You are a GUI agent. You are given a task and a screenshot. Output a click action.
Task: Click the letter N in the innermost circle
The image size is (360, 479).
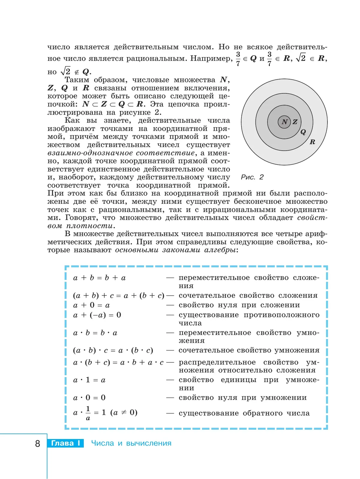pyautogui.click(x=284, y=122)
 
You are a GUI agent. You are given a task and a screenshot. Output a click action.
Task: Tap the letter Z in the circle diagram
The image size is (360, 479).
pyautogui.click(x=295, y=122)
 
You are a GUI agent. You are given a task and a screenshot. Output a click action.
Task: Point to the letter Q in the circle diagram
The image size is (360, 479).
pyautogui.click(x=303, y=132)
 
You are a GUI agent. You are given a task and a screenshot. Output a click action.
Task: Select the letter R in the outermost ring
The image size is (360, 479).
pyautogui.click(x=312, y=142)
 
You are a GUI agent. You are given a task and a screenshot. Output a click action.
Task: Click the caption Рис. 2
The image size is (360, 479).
pyautogui.click(x=252, y=177)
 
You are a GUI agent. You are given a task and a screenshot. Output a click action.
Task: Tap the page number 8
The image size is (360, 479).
pyautogui.click(x=37, y=443)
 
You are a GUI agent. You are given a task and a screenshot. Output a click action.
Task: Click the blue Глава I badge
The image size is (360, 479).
pyautogui.click(x=65, y=443)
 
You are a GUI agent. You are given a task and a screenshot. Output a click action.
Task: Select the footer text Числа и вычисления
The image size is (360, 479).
pyautogui.click(x=131, y=443)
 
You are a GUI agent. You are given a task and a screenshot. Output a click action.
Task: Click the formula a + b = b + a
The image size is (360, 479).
pyautogui.click(x=99, y=278)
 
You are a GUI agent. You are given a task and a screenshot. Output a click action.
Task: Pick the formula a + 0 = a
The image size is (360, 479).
pyautogui.click(x=91, y=305)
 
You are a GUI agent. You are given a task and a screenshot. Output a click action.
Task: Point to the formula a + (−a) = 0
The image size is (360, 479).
pyautogui.click(x=97, y=315)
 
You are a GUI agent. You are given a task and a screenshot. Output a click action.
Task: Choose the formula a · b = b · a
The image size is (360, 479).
pyautogui.click(x=95, y=333)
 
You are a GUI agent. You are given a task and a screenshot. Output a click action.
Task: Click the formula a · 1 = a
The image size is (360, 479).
pyautogui.click(x=89, y=380)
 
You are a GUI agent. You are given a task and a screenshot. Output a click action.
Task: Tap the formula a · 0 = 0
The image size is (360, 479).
pyautogui.click(x=89, y=398)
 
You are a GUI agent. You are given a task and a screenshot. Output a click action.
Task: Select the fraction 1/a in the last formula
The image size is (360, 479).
pyautogui.click(x=88, y=413)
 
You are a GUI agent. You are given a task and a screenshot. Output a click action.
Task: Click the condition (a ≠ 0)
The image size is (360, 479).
pyautogui.click(x=124, y=413)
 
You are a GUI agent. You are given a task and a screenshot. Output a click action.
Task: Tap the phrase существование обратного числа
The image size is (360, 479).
pyautogui.click(x=244, y=413)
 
